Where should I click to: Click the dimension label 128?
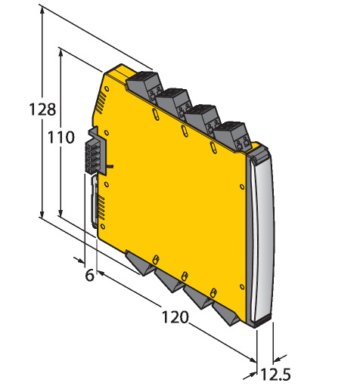(x=42, y=110)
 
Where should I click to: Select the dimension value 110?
(x=61, y=137)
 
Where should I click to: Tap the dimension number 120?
(x=175, y=317)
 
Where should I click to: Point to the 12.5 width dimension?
(x=275, y=374)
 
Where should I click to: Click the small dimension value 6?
(x=89, y=275)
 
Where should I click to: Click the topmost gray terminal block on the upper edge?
(x=144, y=85)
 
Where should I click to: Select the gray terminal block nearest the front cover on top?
(x=233, y=136)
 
